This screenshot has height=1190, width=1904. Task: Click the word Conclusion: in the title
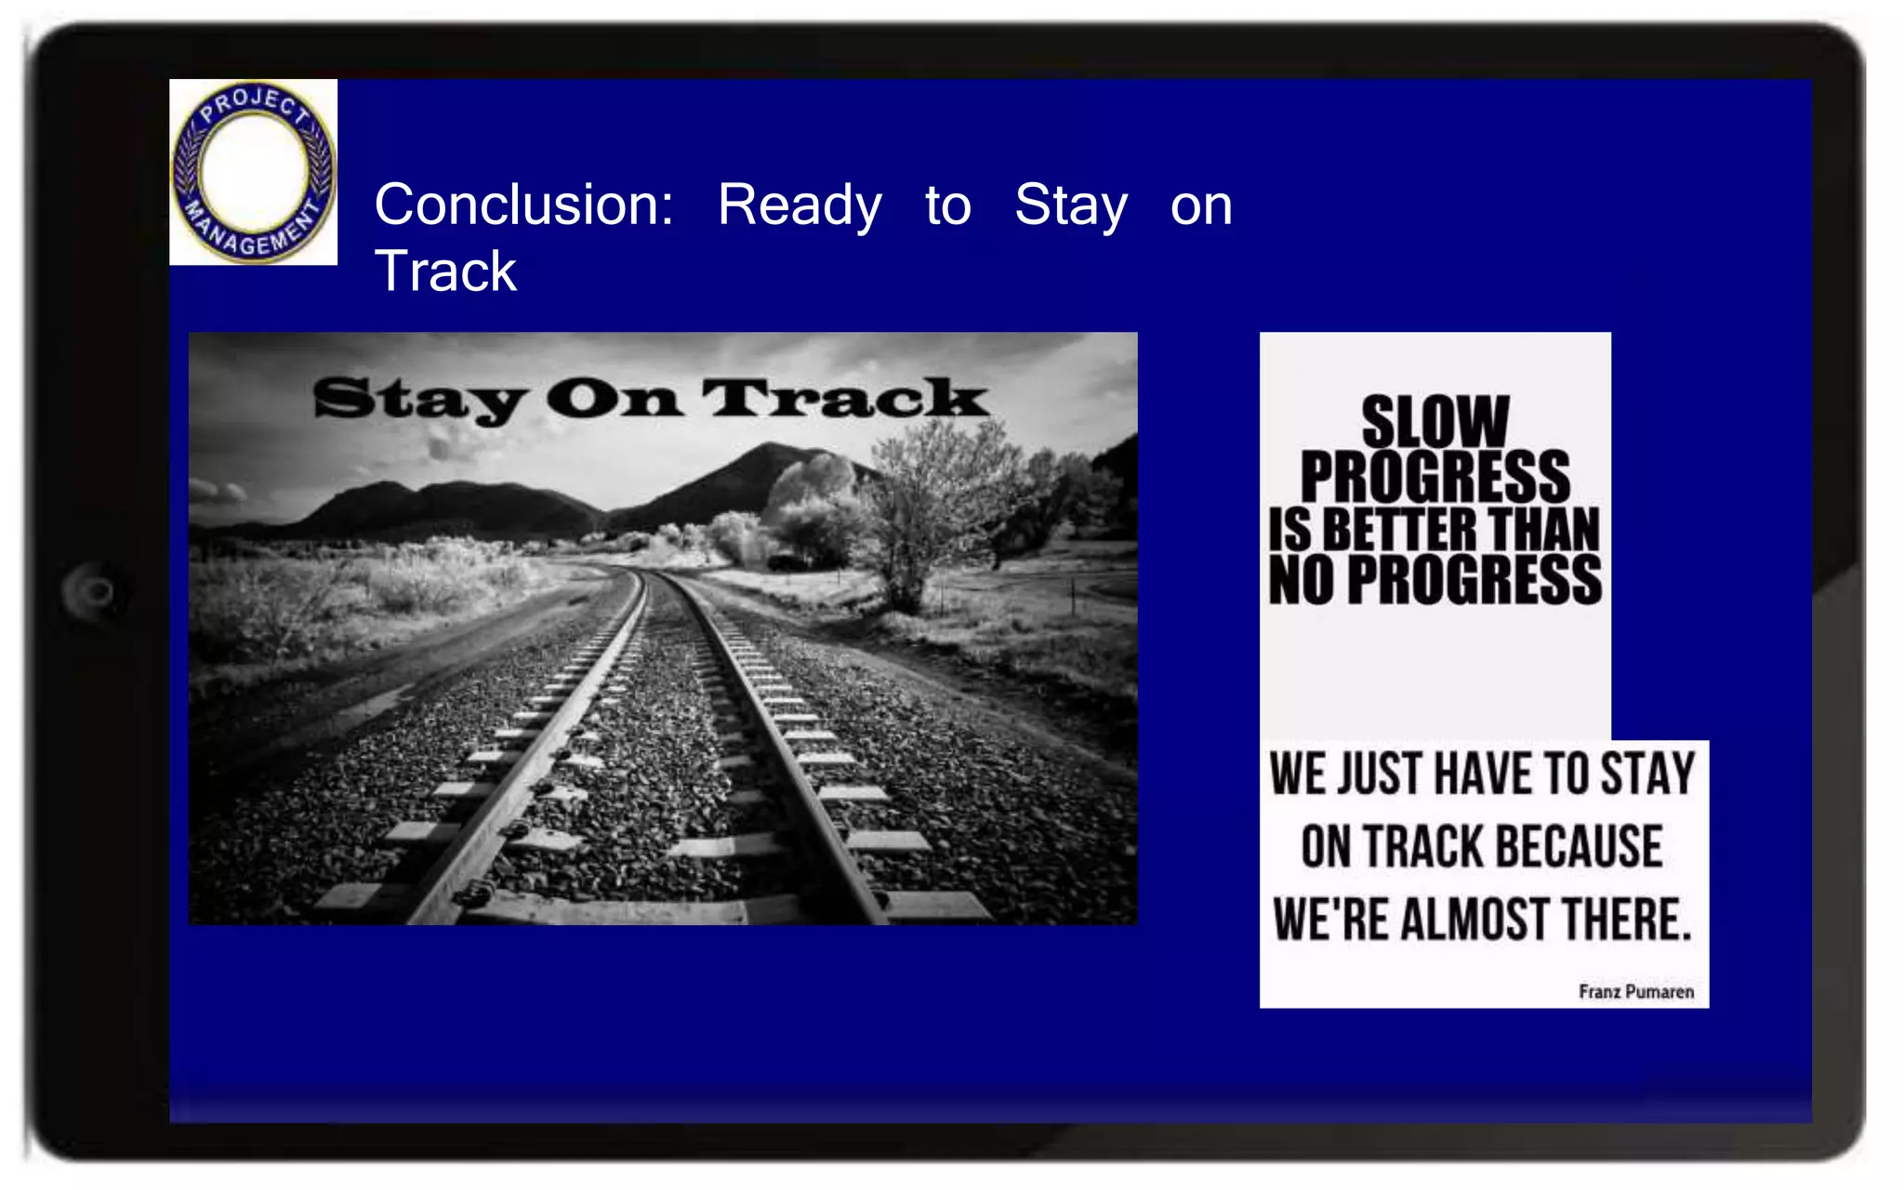click(x=523, y=205)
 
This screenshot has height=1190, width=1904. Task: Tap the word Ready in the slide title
click(x=800, y=205)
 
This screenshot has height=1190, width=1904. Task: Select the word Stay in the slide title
click(x=1071, y=205)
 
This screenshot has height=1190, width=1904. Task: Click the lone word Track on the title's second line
click(x=445, y=271)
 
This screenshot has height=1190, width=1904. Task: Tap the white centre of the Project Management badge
click(x=253, y=171)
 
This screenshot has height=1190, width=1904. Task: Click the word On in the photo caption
click(x=614, y=400)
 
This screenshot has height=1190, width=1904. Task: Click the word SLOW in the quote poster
click(x=1435, y=421)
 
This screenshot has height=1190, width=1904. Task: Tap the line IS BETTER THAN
click(x=1435, y=530)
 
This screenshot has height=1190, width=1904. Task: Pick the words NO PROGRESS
click(x=1435, y=581)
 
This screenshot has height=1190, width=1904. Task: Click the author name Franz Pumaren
click(x=1635, y=992)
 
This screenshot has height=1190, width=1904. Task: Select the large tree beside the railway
click(x=930, y=511)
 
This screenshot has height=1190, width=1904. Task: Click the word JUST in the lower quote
click(x=1380, y=774)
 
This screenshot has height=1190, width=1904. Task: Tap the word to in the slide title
click(x=947, y=205)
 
